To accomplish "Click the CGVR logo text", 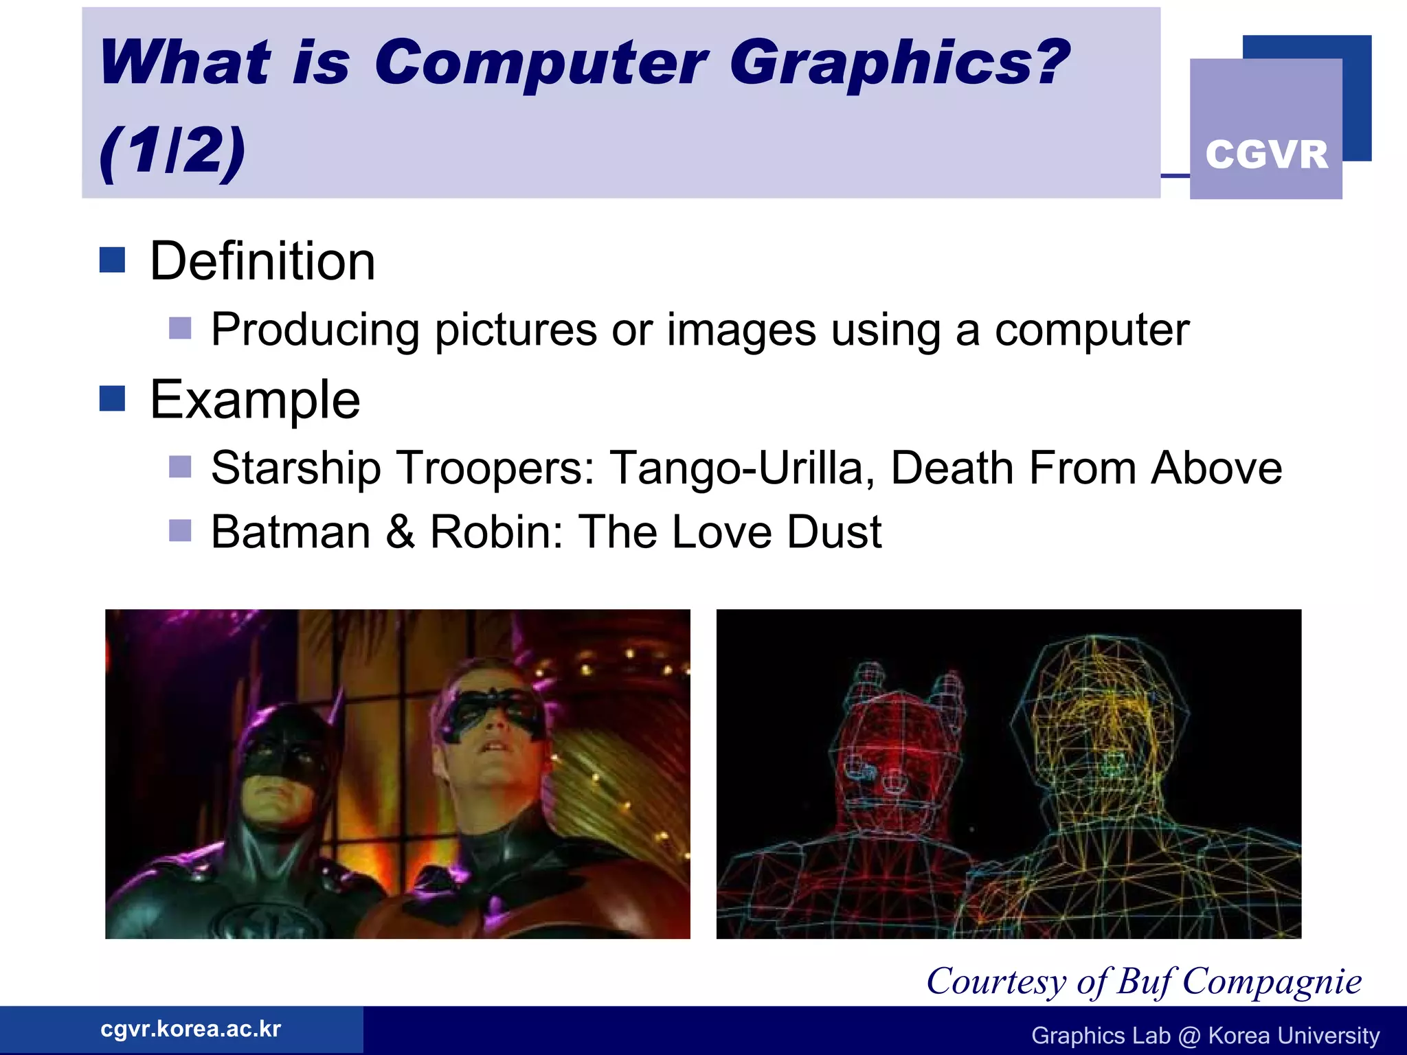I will pyautogui.click(x=1266, y=155).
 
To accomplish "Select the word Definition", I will pyautogui.click(x=262, y=262).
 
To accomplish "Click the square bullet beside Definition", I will pyautogui.click(x=112, y=260).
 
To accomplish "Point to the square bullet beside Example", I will pyautogui.click(x=112, y=398).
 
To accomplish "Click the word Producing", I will pyautogui.click(x=315, y=330).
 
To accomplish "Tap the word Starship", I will pyautogui.click(x=295, y=468).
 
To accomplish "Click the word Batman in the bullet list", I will pyautogui.click(x=291, y=532).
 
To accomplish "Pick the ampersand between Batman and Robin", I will pyautogui.click(x=401, y=532).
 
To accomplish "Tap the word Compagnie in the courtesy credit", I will pyautogui.click(x=1272, y=982).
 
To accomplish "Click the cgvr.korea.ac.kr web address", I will pyautogui.click(x=191, y=1029).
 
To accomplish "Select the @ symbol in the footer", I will pyautogui.click(x=1189, y=1036).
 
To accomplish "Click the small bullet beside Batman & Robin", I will pyautogui.click(x=180, y=531).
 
